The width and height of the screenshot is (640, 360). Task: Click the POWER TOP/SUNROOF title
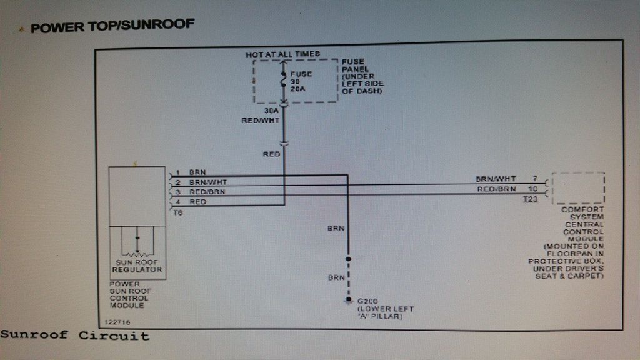(x=112, y=27)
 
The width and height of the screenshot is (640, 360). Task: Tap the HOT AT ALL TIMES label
(x=282, y=54)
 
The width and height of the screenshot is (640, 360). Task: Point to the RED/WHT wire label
(x=261, y=120)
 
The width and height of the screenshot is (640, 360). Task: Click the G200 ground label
(x=367, y=301)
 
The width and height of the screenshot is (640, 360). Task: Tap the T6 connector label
(x=177, y=212)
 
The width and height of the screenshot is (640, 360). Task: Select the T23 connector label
(x=531, y=199)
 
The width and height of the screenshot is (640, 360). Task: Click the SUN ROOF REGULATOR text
(x=137, y=266)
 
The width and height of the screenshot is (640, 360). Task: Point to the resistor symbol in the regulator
(x=137, y=252)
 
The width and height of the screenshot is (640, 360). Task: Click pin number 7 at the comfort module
(x=535, y=179)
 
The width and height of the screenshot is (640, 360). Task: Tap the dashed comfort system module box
(x=578, y=188)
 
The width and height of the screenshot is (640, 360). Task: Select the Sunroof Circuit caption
(x=75, y=336)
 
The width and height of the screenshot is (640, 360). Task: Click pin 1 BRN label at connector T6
(x=197, y=172)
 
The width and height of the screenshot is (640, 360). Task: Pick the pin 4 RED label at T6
(x=197, y=202)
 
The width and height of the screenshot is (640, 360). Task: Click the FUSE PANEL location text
(x=362, y=76)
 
